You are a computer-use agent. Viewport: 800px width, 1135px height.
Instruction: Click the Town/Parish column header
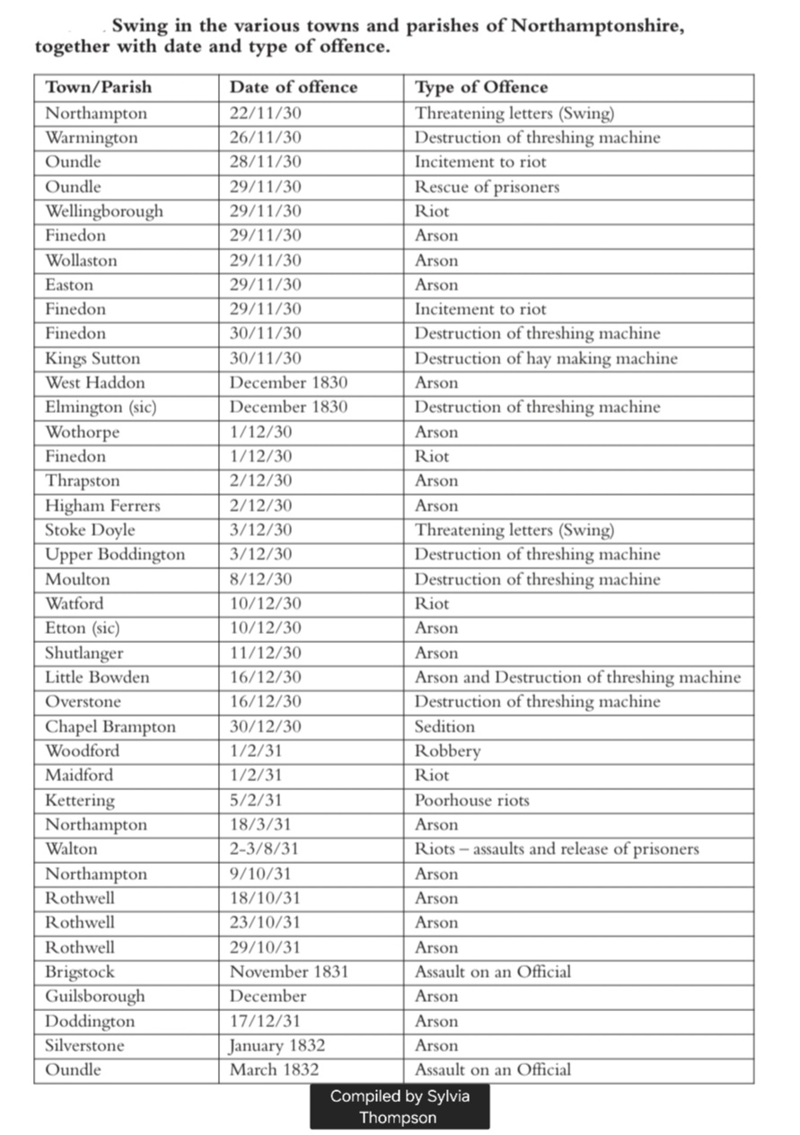99,87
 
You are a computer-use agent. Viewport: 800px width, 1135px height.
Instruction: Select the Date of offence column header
293,87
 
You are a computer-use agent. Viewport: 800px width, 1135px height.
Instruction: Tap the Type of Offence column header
480,87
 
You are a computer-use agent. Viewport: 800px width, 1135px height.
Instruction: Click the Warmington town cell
92,137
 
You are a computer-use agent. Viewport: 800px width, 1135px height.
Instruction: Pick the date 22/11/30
265,113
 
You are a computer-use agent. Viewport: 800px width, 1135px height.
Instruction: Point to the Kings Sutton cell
93,358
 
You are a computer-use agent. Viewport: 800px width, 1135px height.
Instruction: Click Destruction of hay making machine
546,358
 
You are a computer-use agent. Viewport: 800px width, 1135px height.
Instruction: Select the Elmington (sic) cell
101,407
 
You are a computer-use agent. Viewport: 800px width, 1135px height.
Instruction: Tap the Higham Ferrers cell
102,506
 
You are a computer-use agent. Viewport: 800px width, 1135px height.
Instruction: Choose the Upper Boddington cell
115,554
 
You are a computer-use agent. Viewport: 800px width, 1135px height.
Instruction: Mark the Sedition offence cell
444,726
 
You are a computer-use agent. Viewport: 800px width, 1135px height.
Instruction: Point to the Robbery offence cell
447,751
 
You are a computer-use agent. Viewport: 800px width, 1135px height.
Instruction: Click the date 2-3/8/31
264,849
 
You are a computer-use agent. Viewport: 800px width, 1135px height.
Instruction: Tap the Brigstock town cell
80,972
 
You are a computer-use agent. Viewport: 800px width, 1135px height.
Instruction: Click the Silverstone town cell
84,1045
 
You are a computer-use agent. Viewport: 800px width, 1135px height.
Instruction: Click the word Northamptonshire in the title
597,26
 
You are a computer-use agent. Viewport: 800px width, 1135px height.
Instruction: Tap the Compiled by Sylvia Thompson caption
400,1106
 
